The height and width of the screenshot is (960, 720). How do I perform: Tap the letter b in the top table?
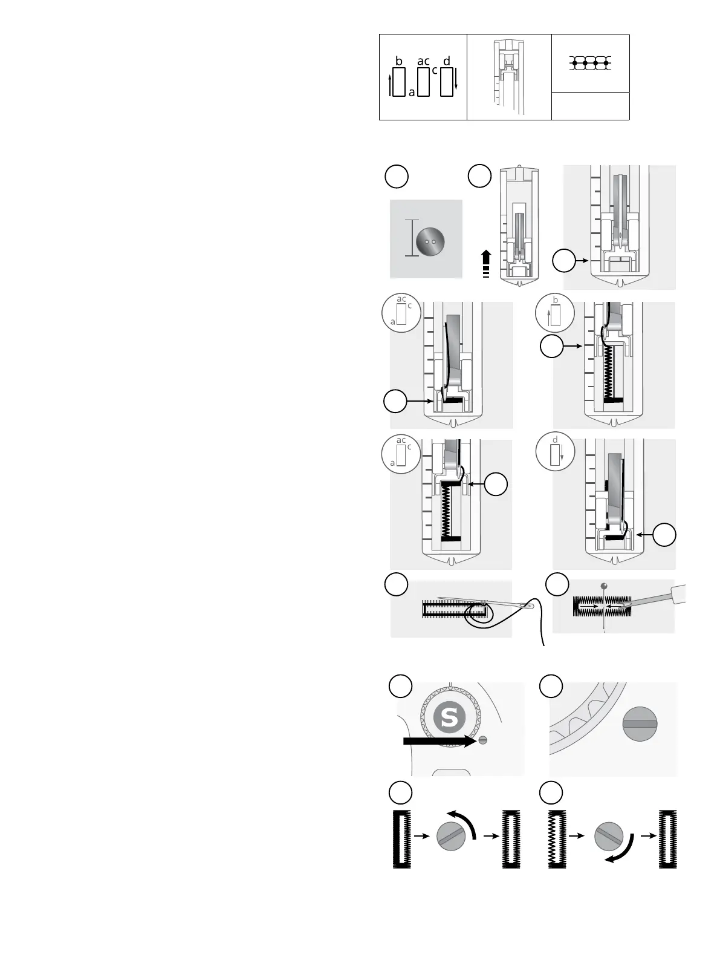point(398,61)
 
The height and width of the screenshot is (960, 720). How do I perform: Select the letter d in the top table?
point(446,61)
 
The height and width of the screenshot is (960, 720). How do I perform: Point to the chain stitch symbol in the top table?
point(591,63)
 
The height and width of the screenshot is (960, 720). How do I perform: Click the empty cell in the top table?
point(591,106)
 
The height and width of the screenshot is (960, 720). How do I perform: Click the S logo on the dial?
point(450,717)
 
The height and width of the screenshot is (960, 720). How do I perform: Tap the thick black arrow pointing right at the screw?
point(439,740)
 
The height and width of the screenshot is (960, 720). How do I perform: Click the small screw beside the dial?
point(482,740)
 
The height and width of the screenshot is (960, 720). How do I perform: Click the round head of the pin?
point(604,585)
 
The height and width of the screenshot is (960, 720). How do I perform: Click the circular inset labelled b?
point(554,312)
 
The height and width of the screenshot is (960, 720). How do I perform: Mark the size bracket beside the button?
point(412,238)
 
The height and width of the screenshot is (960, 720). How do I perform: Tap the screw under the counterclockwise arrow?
point(452,838)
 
